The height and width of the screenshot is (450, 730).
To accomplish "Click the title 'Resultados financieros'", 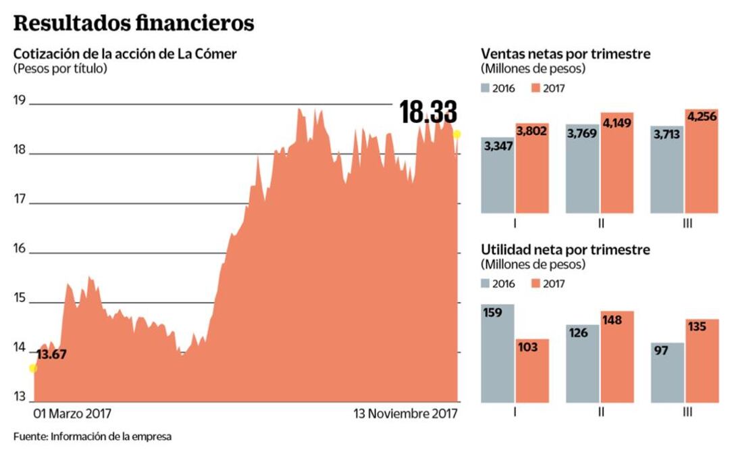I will [x=134, y=23].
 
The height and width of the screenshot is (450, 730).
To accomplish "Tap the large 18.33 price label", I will [x=427, y=112].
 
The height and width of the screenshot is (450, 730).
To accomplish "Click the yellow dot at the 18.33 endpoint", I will [x=457, y=134].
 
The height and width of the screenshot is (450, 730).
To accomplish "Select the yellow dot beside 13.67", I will [x=32, y=368].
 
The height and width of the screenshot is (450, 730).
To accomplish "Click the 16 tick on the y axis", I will [x=19, y=249].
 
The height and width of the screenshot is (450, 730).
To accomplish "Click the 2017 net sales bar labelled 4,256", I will [x=702, y=162].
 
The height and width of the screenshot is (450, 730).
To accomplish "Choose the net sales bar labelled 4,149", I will [x=617, y=164].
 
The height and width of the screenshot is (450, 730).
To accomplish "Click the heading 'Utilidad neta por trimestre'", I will [x=565, y=250].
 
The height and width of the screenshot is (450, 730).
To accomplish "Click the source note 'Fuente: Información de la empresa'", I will [x=93, y=436].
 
